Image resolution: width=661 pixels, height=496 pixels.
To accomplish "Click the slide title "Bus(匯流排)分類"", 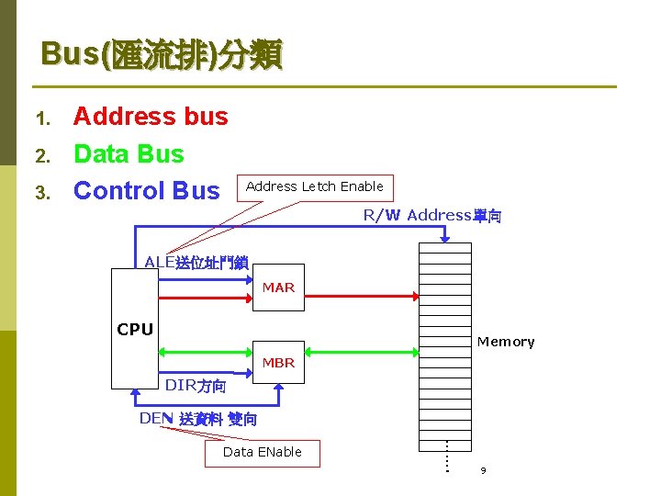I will tap(162, 55).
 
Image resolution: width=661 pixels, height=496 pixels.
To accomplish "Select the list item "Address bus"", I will tap(151, 117).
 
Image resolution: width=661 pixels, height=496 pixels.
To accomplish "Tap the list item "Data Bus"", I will tap(129, 154).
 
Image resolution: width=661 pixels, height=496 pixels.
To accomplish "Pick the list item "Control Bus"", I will tap(147, 191).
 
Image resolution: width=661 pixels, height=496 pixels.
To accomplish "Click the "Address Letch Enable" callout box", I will tap(315, 187).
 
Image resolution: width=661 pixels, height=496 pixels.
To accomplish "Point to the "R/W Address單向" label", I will tap(431, 216).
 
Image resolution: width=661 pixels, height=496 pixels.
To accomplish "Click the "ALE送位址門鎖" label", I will tap(196, 263).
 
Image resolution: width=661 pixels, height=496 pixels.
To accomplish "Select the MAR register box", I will tap(278, 287).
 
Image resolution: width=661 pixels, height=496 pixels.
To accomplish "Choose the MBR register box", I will tap(278, 362).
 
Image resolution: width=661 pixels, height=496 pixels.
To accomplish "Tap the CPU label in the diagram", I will tap(135, 330).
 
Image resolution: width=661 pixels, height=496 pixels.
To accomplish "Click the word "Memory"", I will tap(505, 342).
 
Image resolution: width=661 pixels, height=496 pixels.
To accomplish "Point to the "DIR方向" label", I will tap(195, 386).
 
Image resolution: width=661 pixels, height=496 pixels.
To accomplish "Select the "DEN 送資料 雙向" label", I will tap(197, 419).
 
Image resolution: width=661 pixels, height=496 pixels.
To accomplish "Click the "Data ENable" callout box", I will tap(262, 453).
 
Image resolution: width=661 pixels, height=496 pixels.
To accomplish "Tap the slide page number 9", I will tap(483, 471).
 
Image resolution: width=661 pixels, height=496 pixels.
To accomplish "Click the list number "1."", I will tap(40, 118).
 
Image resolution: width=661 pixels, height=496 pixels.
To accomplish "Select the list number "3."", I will tap(40, 193).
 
